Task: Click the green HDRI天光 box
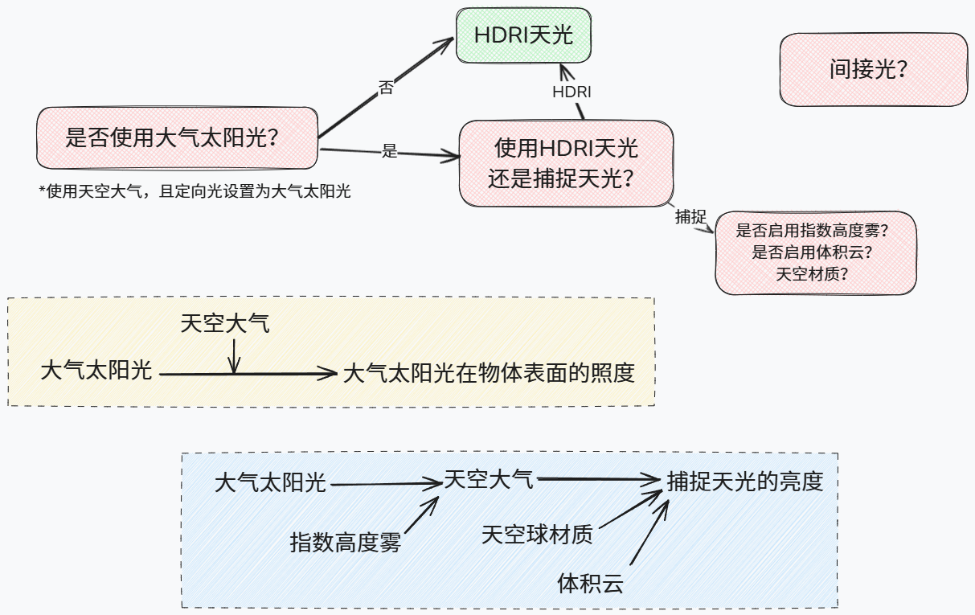523,35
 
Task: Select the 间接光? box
873,70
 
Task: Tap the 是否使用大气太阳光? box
177,138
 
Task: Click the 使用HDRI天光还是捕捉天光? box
566,163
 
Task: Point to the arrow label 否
387,88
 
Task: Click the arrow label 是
390,150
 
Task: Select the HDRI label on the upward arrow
571,92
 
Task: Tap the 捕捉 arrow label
690,216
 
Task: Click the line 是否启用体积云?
813,252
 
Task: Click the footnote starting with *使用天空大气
195,191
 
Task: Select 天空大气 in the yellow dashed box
225,324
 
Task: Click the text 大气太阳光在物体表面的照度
489,373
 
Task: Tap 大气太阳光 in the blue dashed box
270,483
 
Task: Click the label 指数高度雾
345,543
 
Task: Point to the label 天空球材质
537,534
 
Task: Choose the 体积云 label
590,583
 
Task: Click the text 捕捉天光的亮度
745,481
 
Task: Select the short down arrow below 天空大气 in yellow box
234,356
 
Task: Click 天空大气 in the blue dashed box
489,481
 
